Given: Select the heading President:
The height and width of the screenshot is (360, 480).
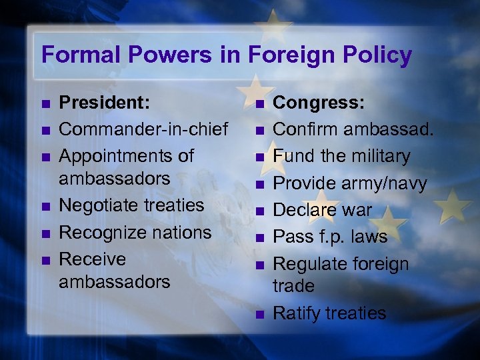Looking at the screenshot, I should (103, 102).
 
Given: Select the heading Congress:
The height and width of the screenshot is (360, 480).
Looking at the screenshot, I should (319, 102).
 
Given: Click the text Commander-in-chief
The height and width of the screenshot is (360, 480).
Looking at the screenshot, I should (143, 128).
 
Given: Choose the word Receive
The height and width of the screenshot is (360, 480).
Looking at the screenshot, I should (93, 259).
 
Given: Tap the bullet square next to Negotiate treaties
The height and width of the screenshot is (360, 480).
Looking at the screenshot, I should (43, 205).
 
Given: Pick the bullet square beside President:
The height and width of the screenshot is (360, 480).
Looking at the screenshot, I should (43, 103).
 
